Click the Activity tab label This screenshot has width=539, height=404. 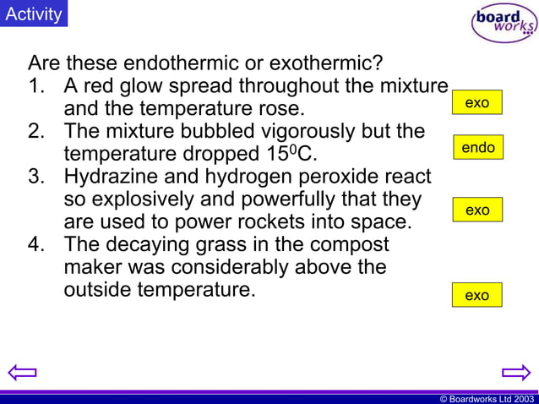pos(34,14)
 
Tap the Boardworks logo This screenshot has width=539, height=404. pos(504,23)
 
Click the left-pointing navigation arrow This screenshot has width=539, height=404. pos(23,372)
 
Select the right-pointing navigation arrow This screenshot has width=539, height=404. pos(515,372)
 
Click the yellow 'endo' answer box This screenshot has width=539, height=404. pos(477,148)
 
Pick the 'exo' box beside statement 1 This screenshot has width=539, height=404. pos(477,102)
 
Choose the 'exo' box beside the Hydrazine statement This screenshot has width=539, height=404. pos(477,210)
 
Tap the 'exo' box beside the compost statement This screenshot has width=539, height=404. pos(477,295)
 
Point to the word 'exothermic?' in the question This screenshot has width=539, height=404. pos(331,63)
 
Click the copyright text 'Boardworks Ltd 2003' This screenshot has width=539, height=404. pos(491,398)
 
